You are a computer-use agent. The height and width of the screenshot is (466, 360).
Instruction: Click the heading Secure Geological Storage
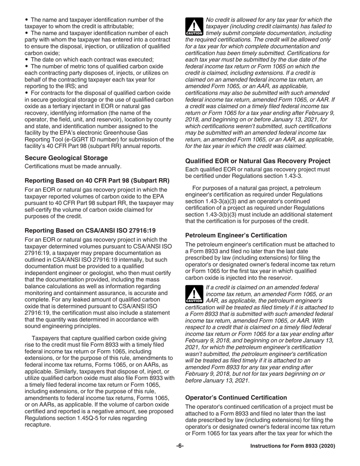tap(66, 158)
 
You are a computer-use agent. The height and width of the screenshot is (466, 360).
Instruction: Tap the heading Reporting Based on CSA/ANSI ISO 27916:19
tap(90, 230)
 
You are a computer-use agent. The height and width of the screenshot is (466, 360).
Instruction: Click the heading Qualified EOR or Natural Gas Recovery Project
tap(258, 161)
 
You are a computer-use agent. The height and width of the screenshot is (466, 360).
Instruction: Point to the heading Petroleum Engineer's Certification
tap(236, 235)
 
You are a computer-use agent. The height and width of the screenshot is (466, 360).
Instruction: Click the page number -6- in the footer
tap(180, 446)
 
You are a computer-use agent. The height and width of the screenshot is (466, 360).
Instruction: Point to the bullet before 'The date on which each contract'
tap(27, 60)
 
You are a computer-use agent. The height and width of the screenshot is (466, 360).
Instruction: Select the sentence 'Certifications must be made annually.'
tap(73, 166)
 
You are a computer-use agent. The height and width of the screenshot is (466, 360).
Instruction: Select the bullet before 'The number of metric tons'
tap(27, 67)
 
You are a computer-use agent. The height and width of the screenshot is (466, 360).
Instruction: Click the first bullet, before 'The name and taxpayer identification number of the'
tap(27, 20)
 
